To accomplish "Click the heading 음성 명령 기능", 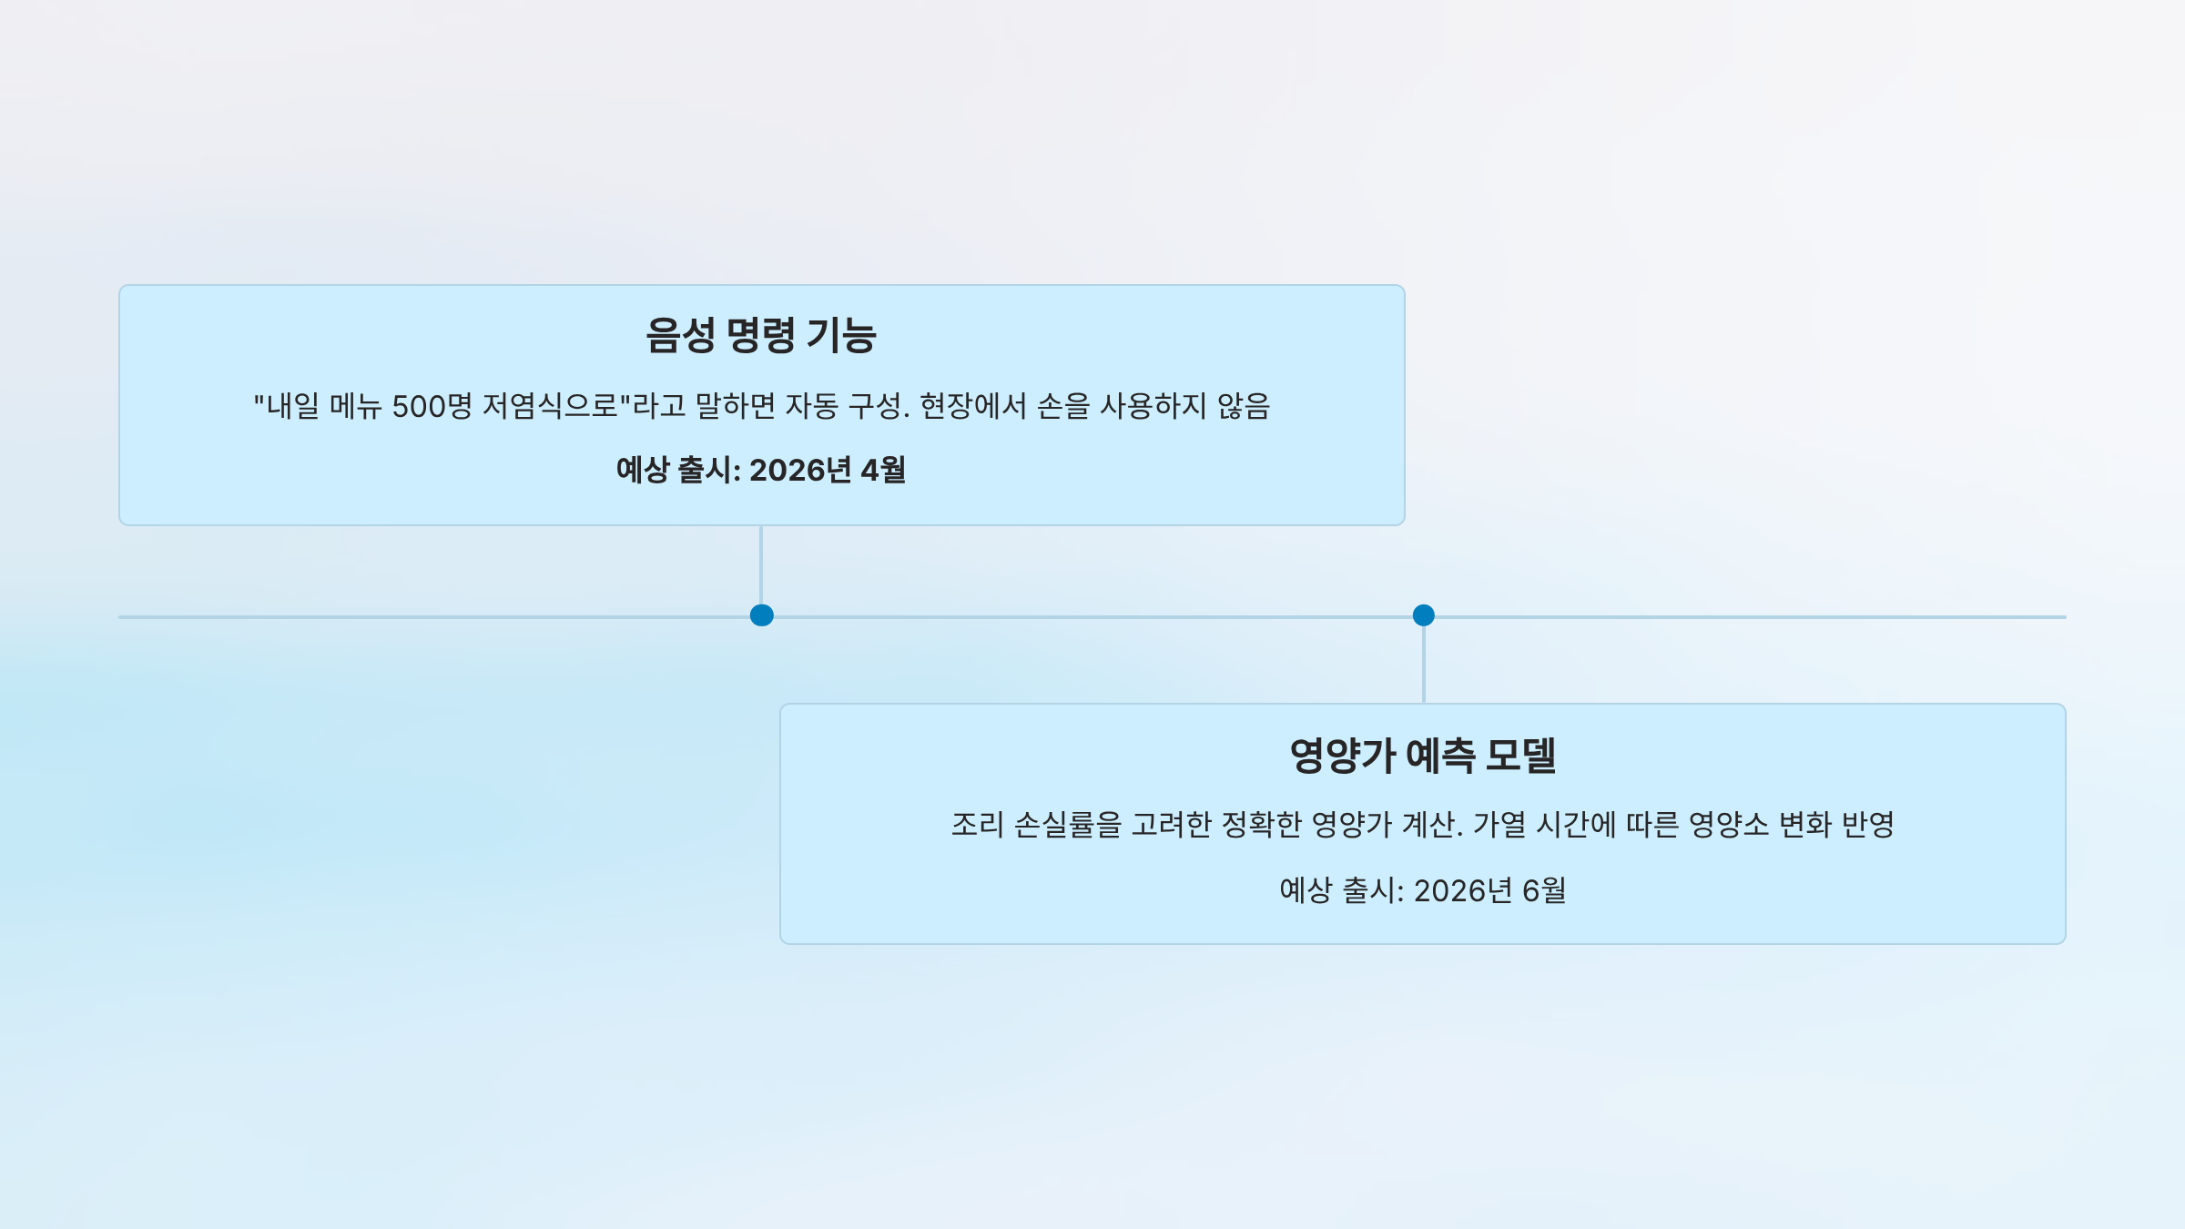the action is (x=761, y=335).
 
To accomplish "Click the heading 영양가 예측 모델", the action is (x=1422, y=756).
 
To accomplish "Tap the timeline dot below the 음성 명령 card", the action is (x=761, y=615).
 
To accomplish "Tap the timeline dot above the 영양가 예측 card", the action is (x=1423, y=615).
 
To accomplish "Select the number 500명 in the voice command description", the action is (x=432, y=406).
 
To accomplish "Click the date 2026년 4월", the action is (x=827, y=470).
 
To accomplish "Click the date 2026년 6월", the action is (x=1489, y=890).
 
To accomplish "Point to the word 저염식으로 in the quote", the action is (x=555, y=406).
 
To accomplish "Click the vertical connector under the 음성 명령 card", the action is (x=761, y=564).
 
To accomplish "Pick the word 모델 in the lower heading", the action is (x=1520, y=756).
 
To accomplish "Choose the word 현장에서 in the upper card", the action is (x=972, y=406).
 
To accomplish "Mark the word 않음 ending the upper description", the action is (x=1243, y=406).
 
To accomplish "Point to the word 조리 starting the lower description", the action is (x=977, y=825).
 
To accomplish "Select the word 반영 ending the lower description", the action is (x=1867, y=825).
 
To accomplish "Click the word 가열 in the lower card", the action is (x=1499, y=825).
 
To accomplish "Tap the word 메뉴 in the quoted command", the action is (x=355, y=406).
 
